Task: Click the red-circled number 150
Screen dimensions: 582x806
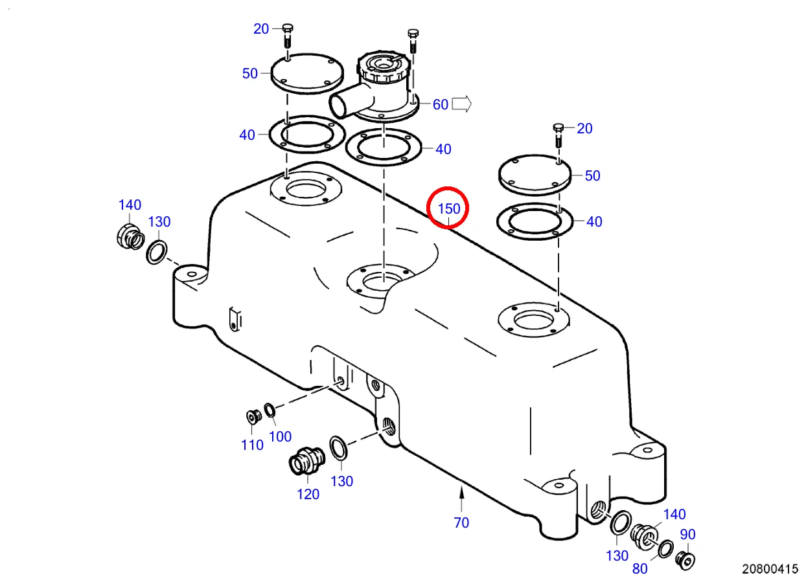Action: [x=448, y=208]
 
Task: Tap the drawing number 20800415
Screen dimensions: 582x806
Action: [x=770, y=569]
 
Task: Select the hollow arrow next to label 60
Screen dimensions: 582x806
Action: [x=461, y=104]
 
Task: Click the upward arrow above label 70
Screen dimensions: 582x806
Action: [x=461, y=499]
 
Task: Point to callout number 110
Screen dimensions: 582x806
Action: [x=252, y=445]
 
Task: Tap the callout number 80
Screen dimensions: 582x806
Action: [x=639, y=569]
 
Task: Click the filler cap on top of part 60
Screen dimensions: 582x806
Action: [x=383, y=67]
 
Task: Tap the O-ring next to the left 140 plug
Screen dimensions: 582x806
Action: [x=156, y=251]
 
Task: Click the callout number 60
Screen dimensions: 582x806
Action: [x=440, y=104]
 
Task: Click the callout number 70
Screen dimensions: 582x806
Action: [x=461, y=522]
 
